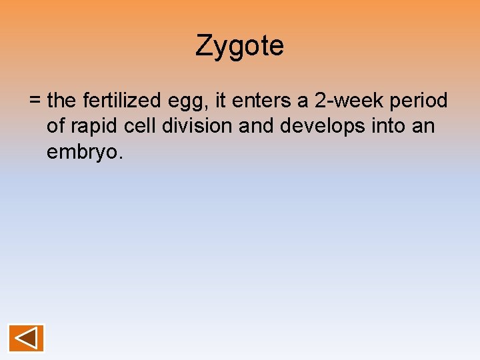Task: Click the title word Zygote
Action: pos(240,46)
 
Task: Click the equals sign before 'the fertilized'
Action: pos(35,101)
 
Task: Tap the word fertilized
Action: pos(121,101)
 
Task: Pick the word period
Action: pos(419,102)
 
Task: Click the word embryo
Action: pos(85,153)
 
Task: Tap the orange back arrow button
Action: pos(26,338)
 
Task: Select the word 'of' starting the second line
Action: pos(55,126)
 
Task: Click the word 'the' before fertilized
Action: pos(63,101)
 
